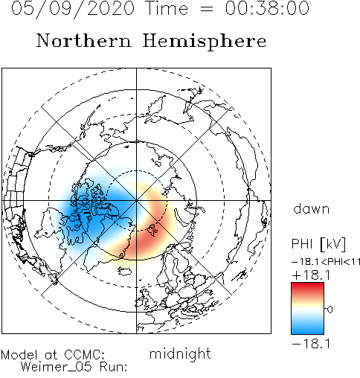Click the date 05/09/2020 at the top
(73, 9)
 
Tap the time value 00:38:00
(267, 8)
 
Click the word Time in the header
(167, 8)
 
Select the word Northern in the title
(84, 40)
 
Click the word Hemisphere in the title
(205, 42)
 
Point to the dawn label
(312, 208)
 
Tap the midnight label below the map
(180, 354)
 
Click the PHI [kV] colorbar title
(318, 244)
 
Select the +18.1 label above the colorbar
(311, 275)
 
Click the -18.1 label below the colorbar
(311, 344)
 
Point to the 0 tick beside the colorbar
(330, 310)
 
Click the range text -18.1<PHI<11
(326, 262)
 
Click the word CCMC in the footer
(84, 355)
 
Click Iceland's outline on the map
(125, 271)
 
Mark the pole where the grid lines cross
(136, 200)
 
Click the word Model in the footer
(19, 355)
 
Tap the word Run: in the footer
(114, 367)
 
